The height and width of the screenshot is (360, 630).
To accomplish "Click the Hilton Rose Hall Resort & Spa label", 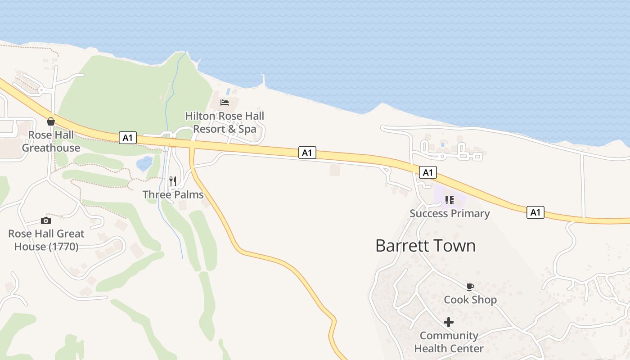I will [225, 122].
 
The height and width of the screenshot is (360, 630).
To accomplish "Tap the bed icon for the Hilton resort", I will [225, 103].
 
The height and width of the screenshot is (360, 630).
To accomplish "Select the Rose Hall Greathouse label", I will [51, 141].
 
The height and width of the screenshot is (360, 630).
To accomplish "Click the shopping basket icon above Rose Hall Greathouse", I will [51, 121].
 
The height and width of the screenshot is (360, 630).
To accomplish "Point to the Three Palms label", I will [173, 194].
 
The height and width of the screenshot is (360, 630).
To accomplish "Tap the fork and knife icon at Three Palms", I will [173, 181].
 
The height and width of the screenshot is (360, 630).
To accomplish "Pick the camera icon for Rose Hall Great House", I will [45, 220].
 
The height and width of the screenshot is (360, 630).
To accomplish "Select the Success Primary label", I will [450, 213].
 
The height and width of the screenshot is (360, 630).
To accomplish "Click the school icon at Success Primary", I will [449, 200].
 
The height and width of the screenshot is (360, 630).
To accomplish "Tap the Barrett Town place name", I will [425, 246].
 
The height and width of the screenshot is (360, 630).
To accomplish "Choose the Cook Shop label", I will [470, 300].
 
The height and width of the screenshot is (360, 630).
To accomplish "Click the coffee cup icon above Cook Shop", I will [470, 287].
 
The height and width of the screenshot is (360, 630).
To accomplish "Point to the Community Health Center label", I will [449, 342].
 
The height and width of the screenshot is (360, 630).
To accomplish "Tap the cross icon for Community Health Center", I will [449, 322].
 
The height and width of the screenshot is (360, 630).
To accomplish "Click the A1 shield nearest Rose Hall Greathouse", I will [128, 138].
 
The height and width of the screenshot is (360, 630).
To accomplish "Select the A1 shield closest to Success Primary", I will [427, 172].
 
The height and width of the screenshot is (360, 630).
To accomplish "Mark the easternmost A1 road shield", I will [535, 212].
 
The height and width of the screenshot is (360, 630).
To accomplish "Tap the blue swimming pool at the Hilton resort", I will [228, 91].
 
